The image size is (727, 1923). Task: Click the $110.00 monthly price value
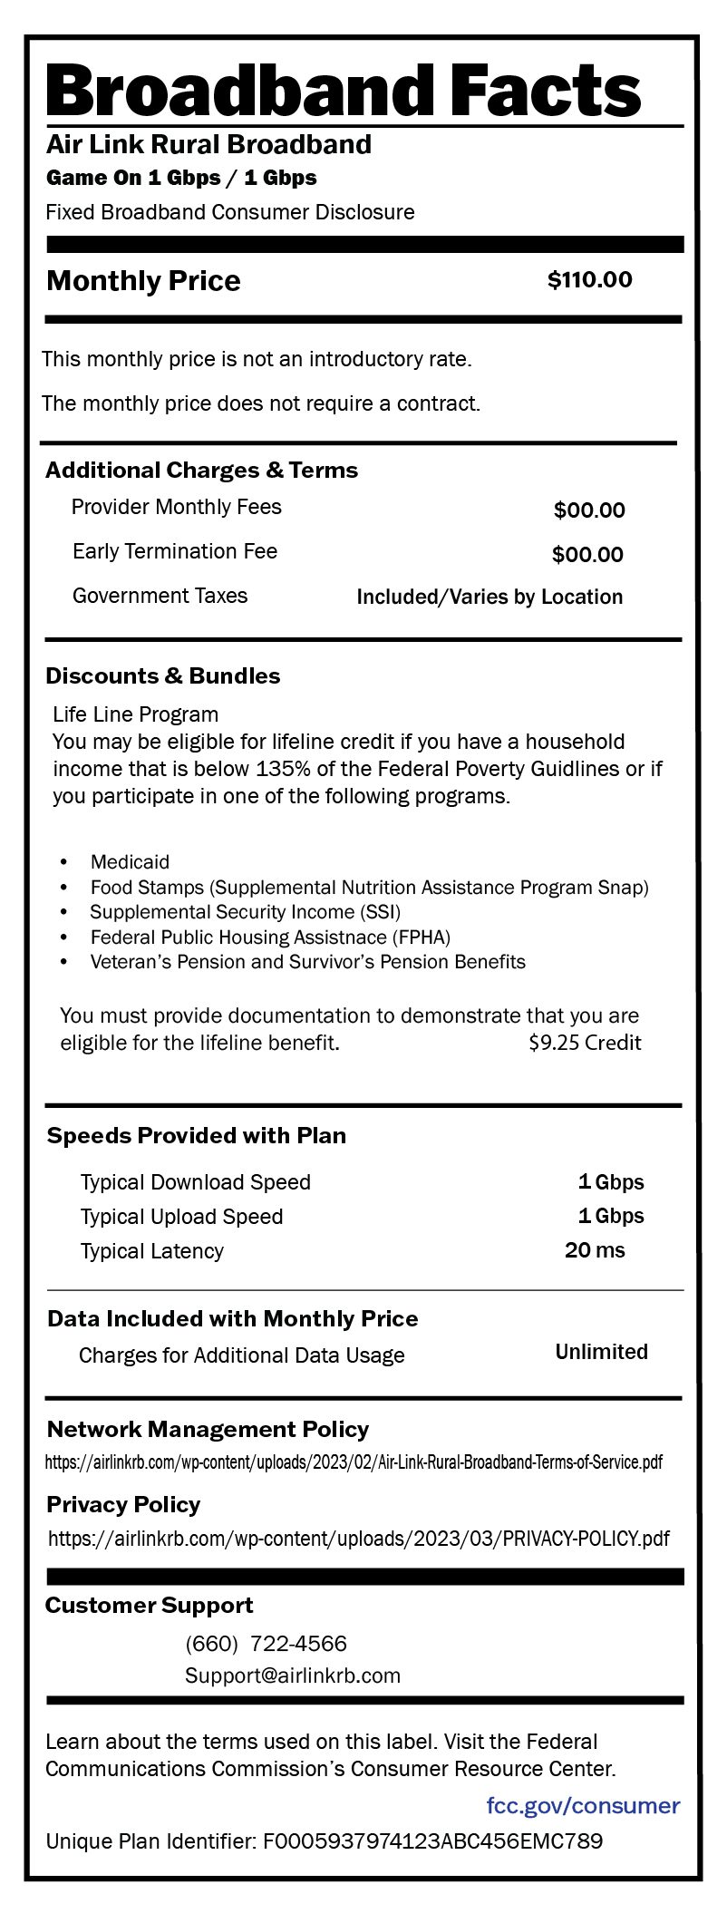click(x=589, y=280)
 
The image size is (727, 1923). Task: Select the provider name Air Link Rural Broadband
click(x=208, y=145)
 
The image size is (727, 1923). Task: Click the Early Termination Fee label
click(x=175, y=551)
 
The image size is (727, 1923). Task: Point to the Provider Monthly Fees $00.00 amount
click(x=589, y=510)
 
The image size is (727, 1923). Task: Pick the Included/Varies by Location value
click(x=490, y=597)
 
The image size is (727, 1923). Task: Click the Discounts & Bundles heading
click(x=163, y=676)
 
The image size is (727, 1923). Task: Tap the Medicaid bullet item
click(x=130, y=862)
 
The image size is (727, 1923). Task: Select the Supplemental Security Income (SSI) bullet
click(x=245, y=912)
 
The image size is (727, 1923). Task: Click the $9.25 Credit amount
click(x=585, y=1043)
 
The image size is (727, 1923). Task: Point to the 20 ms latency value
click(x=595, y=1251)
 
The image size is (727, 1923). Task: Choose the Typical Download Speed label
click(x=195, y=1182)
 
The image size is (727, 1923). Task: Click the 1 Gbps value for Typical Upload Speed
click(x=611, y=1217)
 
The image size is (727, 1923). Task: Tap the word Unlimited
click(x=601, y=1352)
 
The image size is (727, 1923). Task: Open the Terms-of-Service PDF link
click(x=354, y=1462)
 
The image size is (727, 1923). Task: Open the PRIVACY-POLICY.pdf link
click(x=359, y=1539)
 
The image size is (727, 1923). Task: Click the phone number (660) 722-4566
click(x=266, y=1644)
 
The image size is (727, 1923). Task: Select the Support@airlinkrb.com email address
click(x=293, y=1675)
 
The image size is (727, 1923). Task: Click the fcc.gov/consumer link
click(x=583, y=1805)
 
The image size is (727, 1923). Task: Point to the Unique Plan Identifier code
click(x=432, y=1841)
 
